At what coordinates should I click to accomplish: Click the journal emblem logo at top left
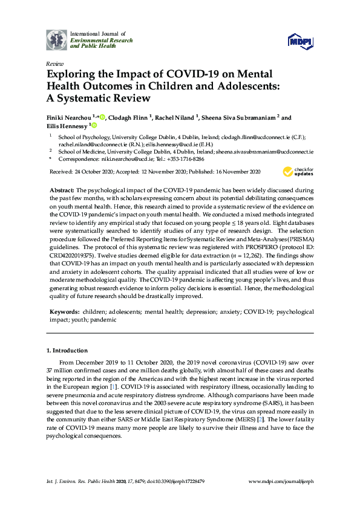pyautogui.click(x=57, y=40)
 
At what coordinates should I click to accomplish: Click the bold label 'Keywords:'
pyautogui.click(x=64, y=311)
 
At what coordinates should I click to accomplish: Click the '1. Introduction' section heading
pyautogui.click(x=67, y=351)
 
